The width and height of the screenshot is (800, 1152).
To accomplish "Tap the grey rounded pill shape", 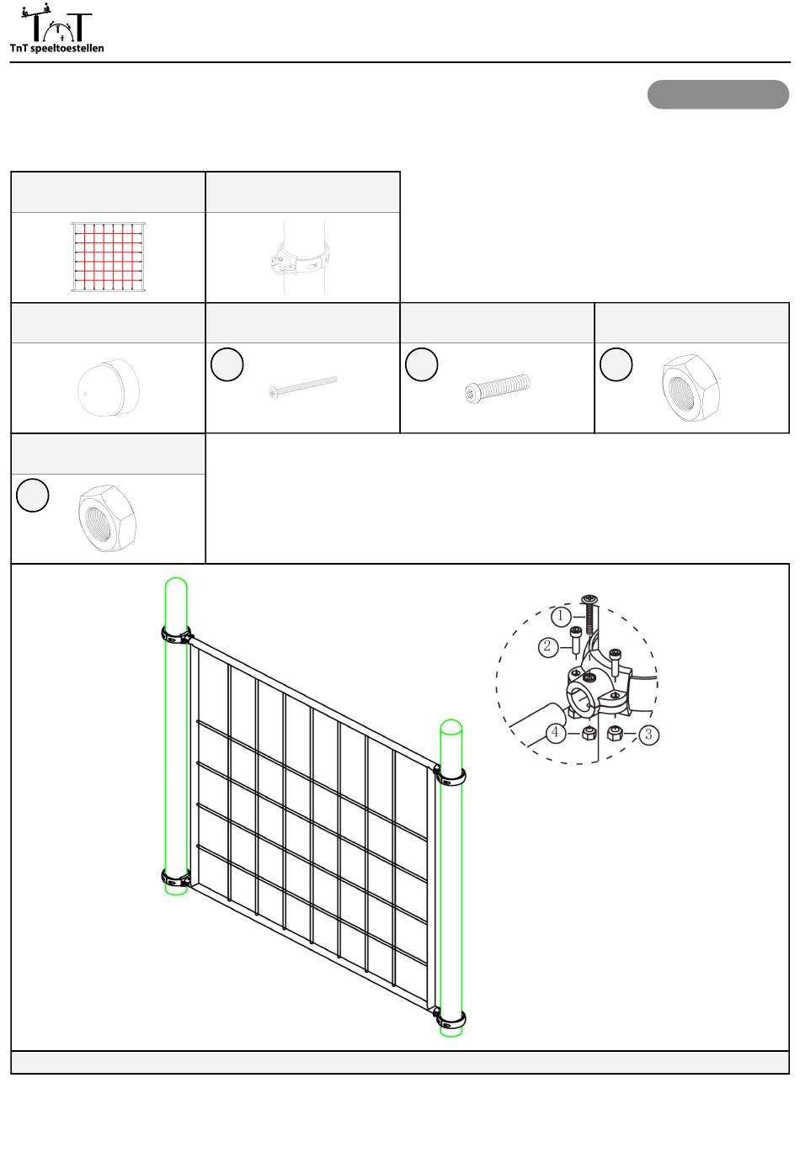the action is click(x=717, y=94).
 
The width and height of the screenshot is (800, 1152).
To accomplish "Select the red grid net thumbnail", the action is click(x=108, y=257).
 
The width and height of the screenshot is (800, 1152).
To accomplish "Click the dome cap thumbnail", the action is click(x=108, y=387).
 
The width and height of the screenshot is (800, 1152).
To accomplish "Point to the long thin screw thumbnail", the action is click(x=302, y=387).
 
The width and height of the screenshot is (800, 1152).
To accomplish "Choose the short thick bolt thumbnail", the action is click(x=497, y=388).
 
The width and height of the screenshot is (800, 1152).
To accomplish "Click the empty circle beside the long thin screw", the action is click(x=227, y=364).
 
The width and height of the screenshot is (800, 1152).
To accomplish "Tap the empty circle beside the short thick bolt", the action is click(x=422, y=364).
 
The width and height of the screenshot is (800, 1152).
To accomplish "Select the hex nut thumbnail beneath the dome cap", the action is click(x=107, y=518).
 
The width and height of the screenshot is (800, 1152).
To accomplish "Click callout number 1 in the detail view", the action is click(x=561, y=616).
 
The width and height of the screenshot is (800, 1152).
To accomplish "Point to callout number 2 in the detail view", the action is click(x=547, y=646).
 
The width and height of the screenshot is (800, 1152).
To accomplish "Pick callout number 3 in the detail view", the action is click(x=648, y=735).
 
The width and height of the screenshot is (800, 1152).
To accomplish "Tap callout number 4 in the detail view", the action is click(x=555, y=732).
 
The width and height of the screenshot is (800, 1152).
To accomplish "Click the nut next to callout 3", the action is click(x=614, y=733).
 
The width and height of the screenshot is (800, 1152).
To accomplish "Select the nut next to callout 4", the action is click(x=589, y=734).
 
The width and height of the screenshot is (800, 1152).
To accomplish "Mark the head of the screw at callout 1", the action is click(x=589, y=599).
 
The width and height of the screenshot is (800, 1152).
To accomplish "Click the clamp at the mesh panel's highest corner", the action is click(x=176, y=634).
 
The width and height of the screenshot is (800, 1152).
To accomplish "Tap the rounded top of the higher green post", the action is click(x=175, y=584).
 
